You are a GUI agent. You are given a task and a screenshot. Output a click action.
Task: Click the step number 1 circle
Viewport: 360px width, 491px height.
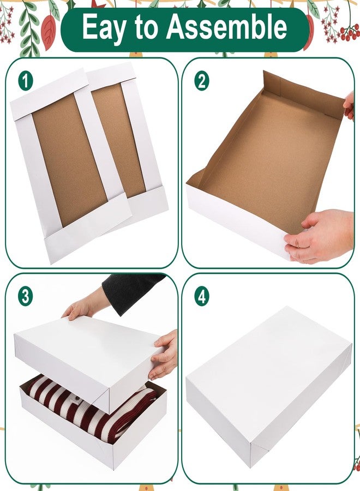click(x=26, y=81)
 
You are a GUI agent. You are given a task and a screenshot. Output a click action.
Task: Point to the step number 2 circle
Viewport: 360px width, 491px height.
click(x=202, y=81)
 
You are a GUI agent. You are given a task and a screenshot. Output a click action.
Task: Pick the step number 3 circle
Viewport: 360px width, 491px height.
click(x=25, y=296)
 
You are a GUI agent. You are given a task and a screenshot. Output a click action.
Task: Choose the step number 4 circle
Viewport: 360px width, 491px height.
click(x=202, y=296)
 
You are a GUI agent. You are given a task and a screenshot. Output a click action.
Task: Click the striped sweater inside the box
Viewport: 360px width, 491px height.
click(x=91, y=407)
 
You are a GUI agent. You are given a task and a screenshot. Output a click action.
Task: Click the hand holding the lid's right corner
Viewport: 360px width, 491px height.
click(x=164, y=354)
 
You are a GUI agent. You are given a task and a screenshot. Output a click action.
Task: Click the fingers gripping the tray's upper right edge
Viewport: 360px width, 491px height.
click(x=349, y=105)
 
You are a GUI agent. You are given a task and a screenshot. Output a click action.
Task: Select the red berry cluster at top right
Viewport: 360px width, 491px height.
click(x=350, y=32)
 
